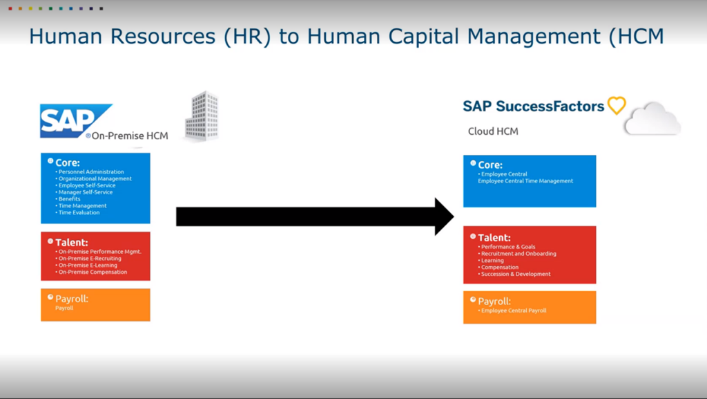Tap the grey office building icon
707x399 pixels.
click(x=202, y=115)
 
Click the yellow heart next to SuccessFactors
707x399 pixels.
click(x=617, y=106)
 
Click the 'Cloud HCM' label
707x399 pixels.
click(x=493, y=131)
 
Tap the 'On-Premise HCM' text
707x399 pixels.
click(x=130, y=136)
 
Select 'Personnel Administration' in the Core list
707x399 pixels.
click(x=91, y=171)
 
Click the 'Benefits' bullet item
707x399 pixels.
click(x=70, y=198)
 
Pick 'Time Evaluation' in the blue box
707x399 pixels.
click(x=79, y=212)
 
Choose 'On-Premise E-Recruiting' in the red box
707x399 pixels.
click(x=90, y=258)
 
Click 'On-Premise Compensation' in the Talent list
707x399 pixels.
click(x=93, y=272)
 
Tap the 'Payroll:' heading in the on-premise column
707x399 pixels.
click(x=72, y=299)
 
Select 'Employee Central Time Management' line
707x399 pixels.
click(x=525, y=181)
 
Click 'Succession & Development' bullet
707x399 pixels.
click(x=515, y=274)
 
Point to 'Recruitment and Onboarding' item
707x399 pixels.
click(x=519, y=254)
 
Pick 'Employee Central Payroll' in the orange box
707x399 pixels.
click(x=514, y=310)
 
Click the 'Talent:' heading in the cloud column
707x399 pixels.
click(x=494, y=237)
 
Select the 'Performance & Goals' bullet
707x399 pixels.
click(x=508, y=247)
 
